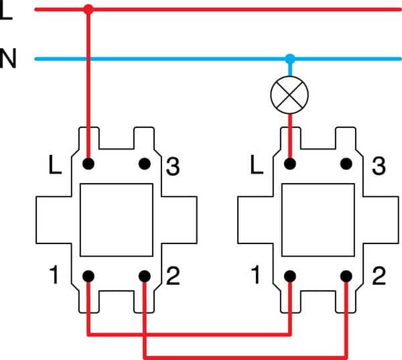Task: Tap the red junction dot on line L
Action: pos(88,9)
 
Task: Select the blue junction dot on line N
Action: pos(289,58)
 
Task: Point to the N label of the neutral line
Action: pos(8,59)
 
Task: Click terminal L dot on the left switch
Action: pos(88,163)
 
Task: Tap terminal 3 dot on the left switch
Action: pos(144,163)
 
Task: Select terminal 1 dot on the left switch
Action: pos(88,276)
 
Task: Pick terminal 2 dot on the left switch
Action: pos(144,276)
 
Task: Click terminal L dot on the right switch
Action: pos(290,163)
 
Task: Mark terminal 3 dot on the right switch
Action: pos(346,163)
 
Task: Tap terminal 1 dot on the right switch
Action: pos(290,276)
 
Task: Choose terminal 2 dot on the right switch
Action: pos(346,276)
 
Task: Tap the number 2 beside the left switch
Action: pos(172,276)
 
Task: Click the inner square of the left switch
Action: pos(116,220)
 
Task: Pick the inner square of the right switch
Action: pos(318,220)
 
